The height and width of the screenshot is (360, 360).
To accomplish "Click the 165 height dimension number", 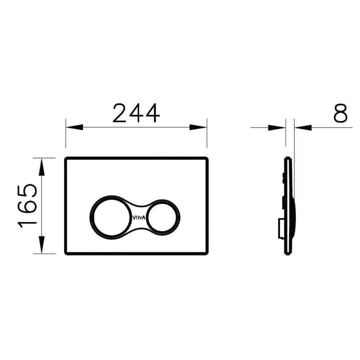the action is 27,206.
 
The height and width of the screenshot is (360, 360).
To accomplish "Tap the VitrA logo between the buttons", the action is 139,218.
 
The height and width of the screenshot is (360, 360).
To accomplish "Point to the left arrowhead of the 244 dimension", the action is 74,127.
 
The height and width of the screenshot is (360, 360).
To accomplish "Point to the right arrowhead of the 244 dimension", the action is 198,127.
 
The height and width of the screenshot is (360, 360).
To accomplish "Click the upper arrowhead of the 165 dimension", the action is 41,167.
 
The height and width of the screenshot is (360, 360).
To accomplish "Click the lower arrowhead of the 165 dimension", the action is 41,245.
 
